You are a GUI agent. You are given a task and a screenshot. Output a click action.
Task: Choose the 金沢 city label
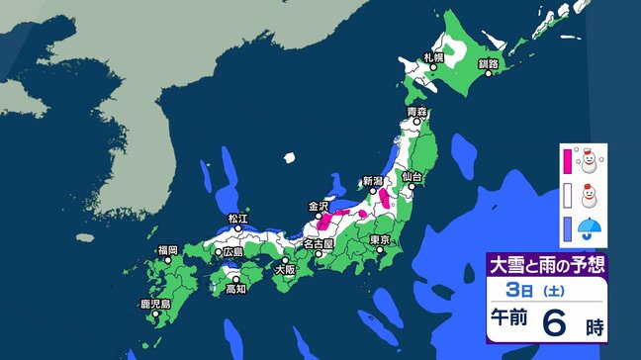click(x=319, y=207)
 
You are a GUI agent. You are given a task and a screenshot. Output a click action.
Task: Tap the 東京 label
click(x=382, y=240)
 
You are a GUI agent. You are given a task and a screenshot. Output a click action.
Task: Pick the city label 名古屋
click(x=318, y=242)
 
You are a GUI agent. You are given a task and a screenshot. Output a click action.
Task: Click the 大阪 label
click(x=285, y=268)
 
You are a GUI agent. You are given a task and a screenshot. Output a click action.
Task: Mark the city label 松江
click(x=237, y=218)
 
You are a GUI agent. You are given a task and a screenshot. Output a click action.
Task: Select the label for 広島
click(x=233, y=252)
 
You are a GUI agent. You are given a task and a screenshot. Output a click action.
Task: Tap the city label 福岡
click(x=166, y=251)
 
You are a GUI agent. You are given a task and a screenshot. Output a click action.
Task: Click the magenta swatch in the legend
click(x=569, y=160)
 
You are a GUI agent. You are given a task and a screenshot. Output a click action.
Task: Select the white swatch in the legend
click(x=569, y=194)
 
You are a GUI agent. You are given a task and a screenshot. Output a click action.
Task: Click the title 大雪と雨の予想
click(x=544, y=265)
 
